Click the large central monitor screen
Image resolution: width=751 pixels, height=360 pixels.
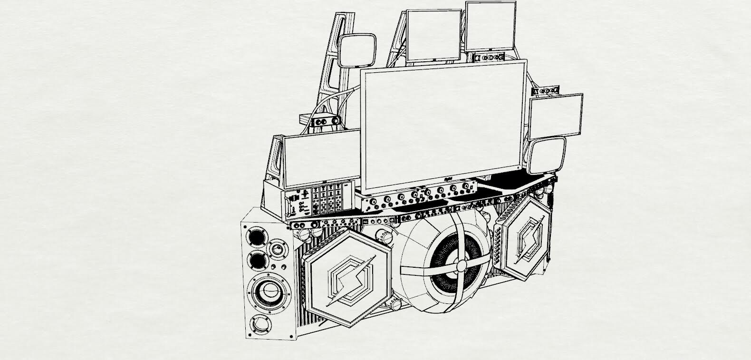click(442, 124)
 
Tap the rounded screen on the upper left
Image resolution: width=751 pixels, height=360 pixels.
click(357, 51)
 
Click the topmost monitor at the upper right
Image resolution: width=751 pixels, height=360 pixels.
click(491, 26)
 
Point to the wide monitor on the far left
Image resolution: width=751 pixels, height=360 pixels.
click(322, 159)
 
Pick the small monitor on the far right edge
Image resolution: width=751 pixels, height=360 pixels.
click(557, 117)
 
